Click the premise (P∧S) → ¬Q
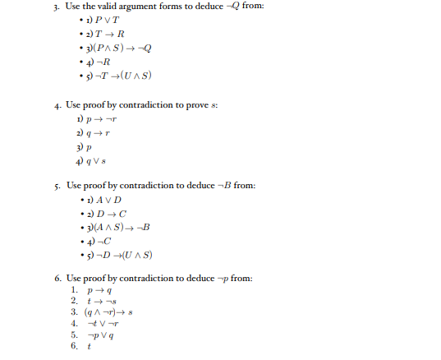coord(120,48)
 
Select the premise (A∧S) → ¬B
coord(122,226)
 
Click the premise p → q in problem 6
coord(98,290)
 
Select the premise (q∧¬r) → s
coord(112,312)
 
